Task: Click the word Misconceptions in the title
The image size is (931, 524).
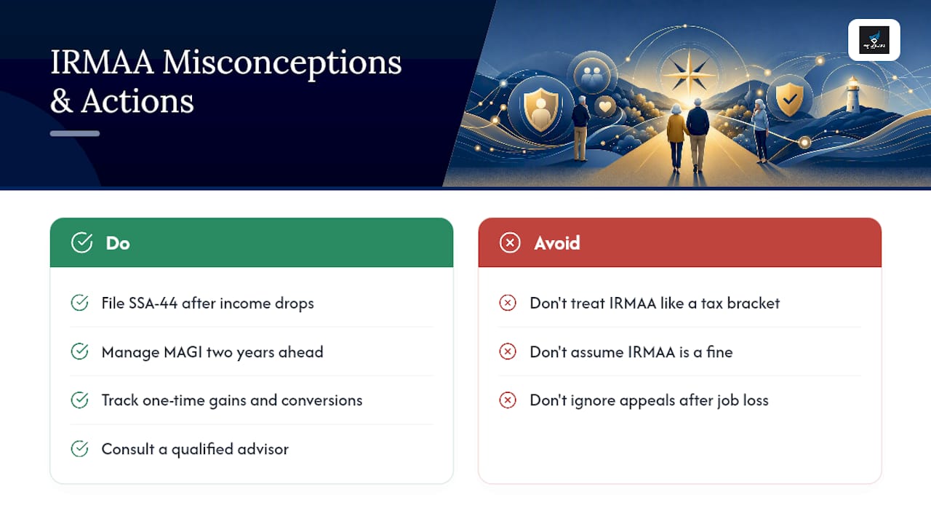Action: tap(282, 63)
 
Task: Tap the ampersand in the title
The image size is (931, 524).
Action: tap(61, 101)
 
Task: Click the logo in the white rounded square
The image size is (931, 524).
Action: tap(874, 40)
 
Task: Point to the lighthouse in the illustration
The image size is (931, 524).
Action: tap(852, 95)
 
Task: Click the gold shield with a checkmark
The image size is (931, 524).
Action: tap(789, 99)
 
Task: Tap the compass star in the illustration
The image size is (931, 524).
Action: tap(689, 75)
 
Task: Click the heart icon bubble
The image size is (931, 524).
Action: tap(605, 106)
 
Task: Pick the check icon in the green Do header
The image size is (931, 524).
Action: tap(81, 242)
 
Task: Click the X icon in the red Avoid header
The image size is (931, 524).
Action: tap(510, 242)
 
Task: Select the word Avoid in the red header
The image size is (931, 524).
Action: tap(557, 243)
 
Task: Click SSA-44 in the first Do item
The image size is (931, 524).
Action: tap(153, 303)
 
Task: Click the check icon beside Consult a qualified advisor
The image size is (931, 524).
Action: tap(79, 449)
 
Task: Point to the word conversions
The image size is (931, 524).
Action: tap(321, 400)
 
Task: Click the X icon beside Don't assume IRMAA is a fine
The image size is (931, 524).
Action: tap(508, 352)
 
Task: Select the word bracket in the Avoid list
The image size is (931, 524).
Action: tap(753, 303)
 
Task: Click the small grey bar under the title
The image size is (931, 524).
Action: tap(75, 133)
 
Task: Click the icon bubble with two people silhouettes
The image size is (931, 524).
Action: tap(592, 76)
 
